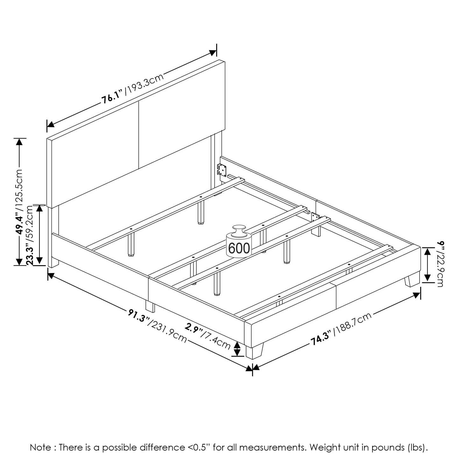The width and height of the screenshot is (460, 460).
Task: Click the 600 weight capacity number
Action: point(239,249)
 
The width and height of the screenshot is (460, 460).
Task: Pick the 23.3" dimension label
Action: point(30,254)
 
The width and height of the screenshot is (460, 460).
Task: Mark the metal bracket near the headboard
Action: point(222,170)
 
